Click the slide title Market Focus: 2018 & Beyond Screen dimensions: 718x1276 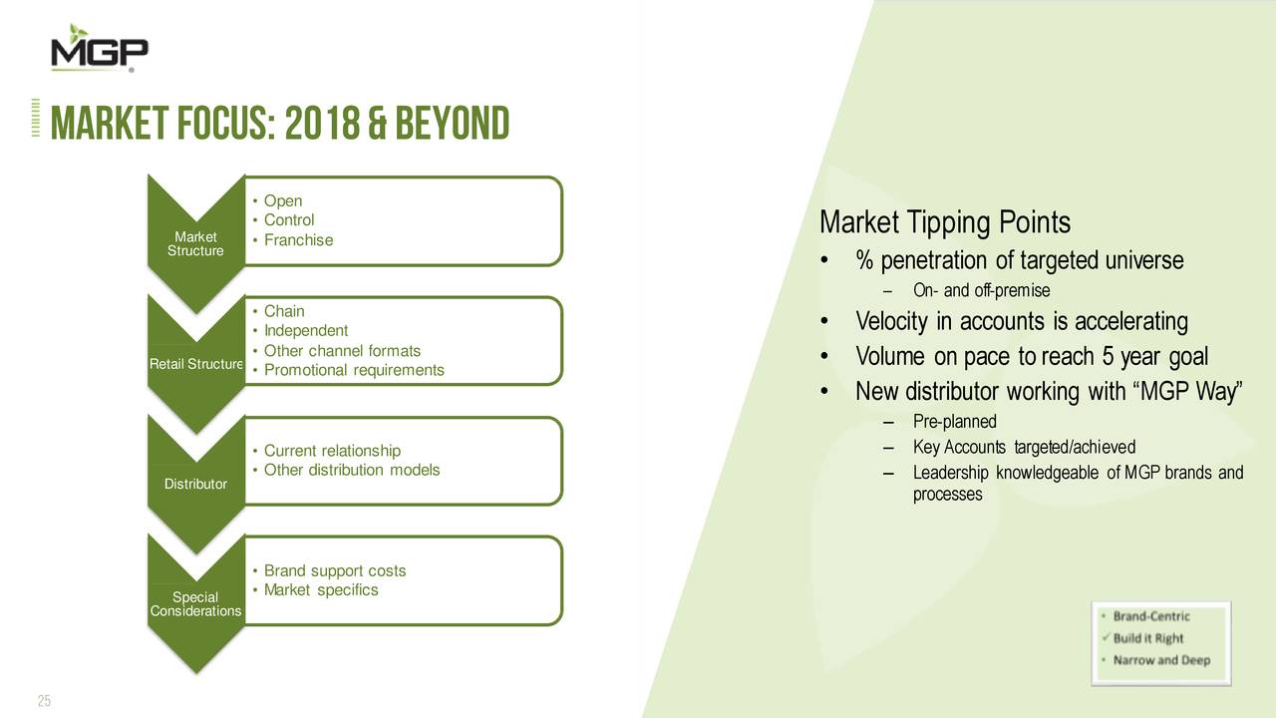click(x=280, y=126)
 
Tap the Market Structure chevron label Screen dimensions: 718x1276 click(x=195, y=243)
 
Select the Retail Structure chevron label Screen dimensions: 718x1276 click(x=196, y=363)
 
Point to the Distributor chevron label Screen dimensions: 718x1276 click(x=195, y=485)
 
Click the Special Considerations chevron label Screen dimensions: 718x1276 click(x=195, y=604)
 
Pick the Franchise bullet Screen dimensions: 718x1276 click(x=298, y=240)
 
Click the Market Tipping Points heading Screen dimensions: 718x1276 click(x=944, y=221)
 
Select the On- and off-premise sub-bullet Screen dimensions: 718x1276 click(x=981, y=291)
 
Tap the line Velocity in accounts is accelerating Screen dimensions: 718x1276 click(x=1021, y=322)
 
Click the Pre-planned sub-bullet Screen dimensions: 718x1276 click(x=954, y=422)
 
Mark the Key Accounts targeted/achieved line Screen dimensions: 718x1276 click(x=1024, y=447)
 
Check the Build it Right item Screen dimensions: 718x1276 click(x=1148, y=638)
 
